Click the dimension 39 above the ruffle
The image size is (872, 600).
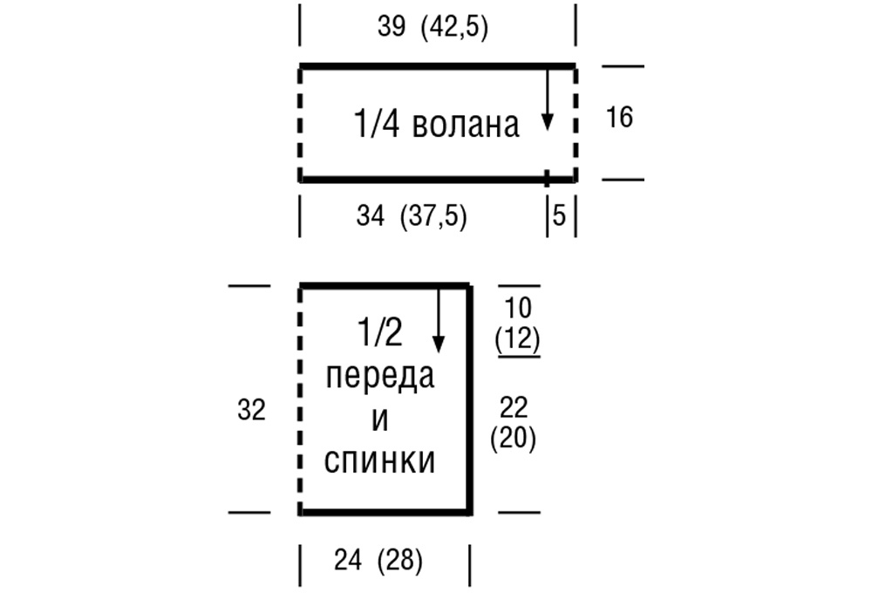[x=392, y=26]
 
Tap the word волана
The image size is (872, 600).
[x=466, y=124]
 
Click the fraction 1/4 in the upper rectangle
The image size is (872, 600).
[x=377, y=123]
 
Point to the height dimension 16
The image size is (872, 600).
[x=619, y=118]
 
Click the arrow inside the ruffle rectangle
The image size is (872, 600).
[x=548, y=99]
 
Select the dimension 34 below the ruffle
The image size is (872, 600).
[x=371, y=215]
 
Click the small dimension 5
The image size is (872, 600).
[x=560, y=215]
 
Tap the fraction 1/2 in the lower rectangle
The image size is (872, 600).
[x=380, y=332]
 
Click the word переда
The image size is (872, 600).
[x=380, y=377]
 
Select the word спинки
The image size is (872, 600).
[x=380, y=461]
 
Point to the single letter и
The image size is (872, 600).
[x=380, y=419]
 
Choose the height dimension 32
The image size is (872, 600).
[x=251, y=410]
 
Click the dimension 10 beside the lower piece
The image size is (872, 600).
[x=518, y=308]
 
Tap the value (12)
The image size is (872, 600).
[x=518, y=338]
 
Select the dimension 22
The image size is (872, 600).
[x=514, y=407]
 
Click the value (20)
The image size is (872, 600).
[x=514, y=439]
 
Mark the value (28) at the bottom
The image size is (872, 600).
[x=400, y=561]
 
